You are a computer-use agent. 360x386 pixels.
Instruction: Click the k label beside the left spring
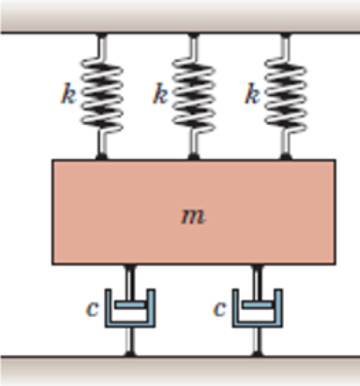click(x=69, y=95)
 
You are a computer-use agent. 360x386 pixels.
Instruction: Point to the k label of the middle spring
click(x=160, y=95)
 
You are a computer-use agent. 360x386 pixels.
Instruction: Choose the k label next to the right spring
click(x=251, y=95)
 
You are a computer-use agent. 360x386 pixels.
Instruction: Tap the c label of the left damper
click(x=93, y=309)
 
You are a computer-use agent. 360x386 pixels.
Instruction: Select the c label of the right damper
click(x=219, y=309)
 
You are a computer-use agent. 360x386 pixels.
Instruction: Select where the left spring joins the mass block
click(x=100, y=158)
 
